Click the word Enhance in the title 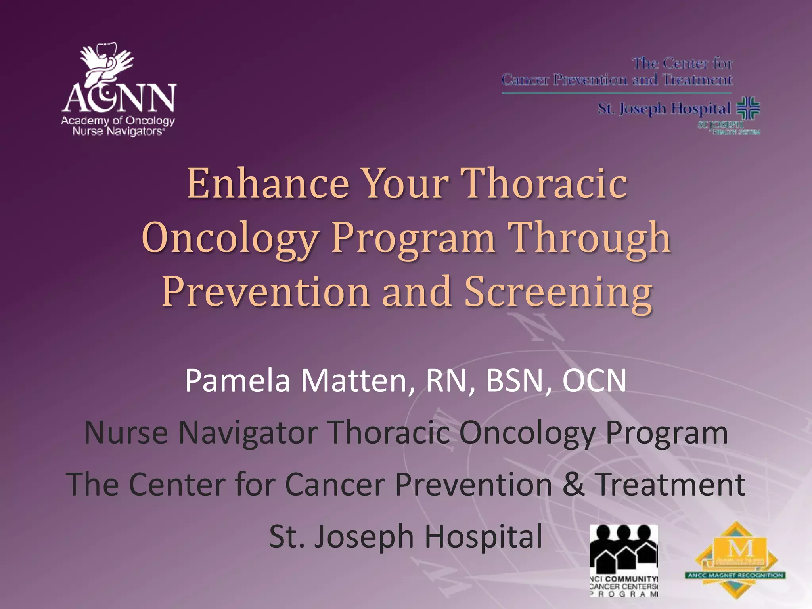[x=268, y=183]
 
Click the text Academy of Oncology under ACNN [x=118, y=121]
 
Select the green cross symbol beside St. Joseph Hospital [x=748, y=108]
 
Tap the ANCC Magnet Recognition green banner [x=735, y=575]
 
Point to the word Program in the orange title [x=413, y=237]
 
